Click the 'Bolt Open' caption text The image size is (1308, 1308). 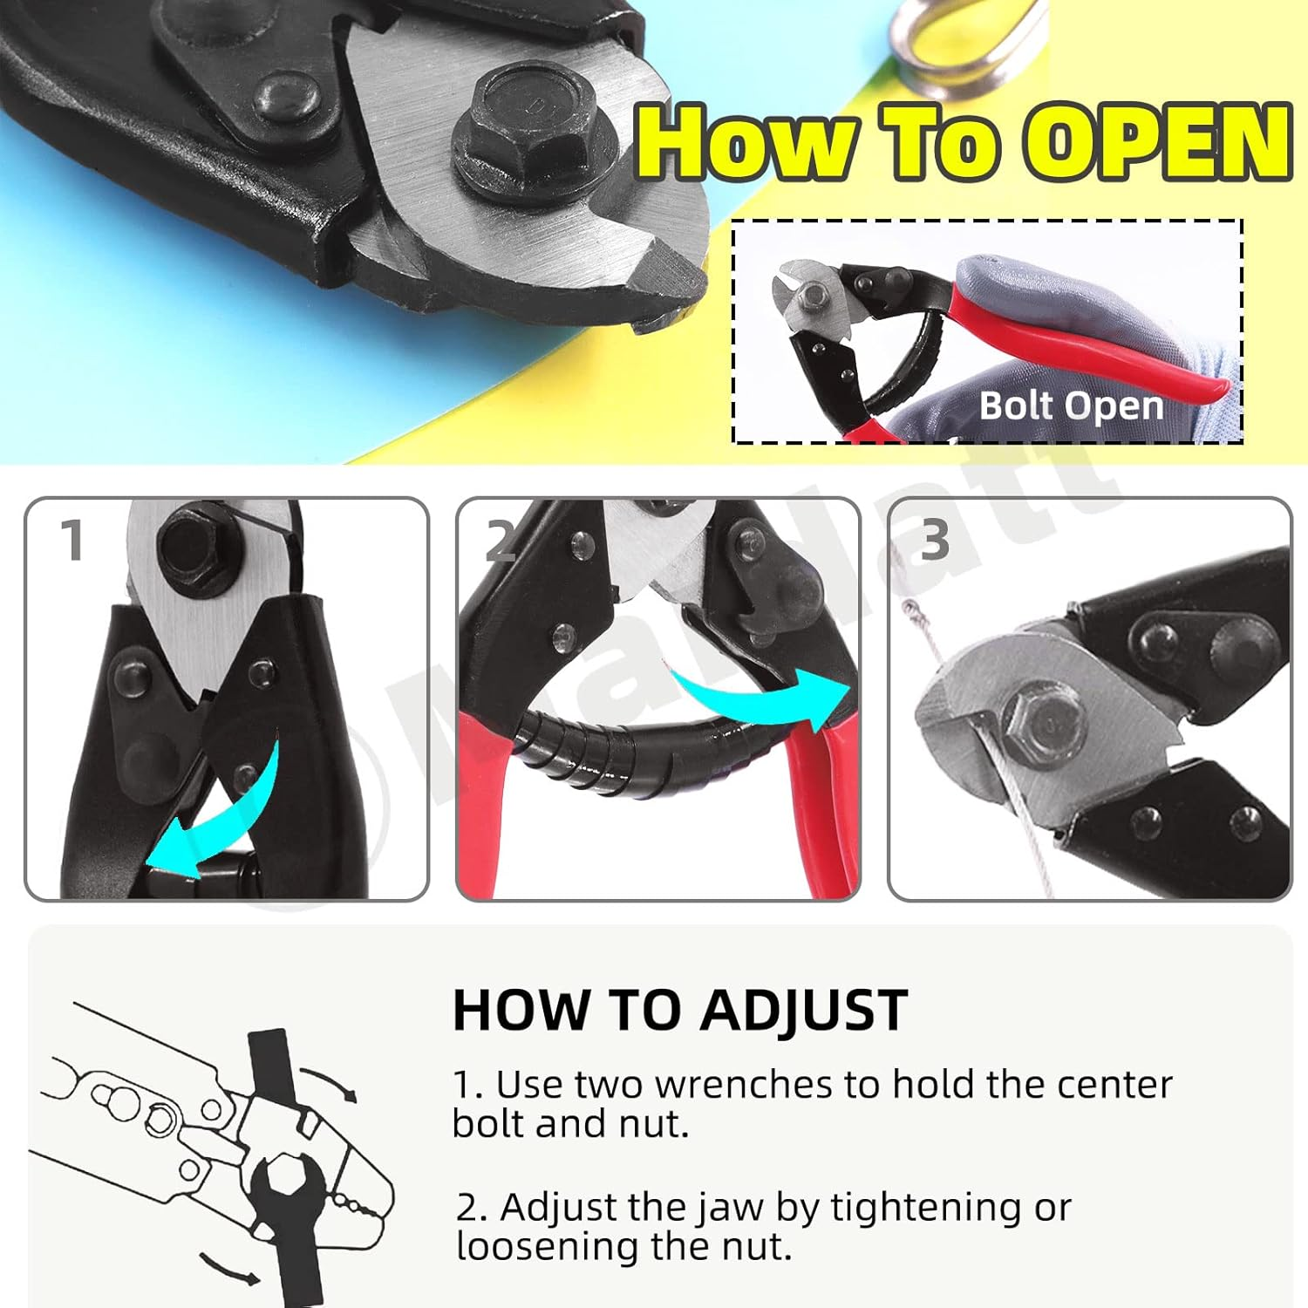(x=1071, y=406)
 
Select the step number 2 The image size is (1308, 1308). (x=501, y=542)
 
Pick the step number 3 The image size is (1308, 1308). (x=934, y=541)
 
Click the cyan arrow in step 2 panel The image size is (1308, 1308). (x=759, y=698)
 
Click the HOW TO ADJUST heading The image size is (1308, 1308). (x=680, y=1012)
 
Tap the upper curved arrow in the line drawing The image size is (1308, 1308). (x=331, y=1081)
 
